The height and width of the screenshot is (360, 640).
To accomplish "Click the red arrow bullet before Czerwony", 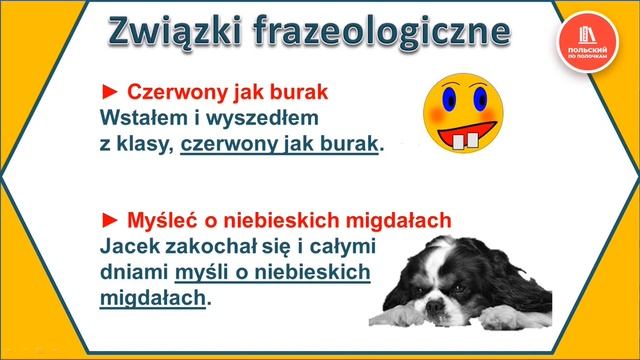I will point(110,93).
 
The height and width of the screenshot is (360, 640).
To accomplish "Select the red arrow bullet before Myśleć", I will point(110,219).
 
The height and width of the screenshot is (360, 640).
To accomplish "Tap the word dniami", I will point(134,271).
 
